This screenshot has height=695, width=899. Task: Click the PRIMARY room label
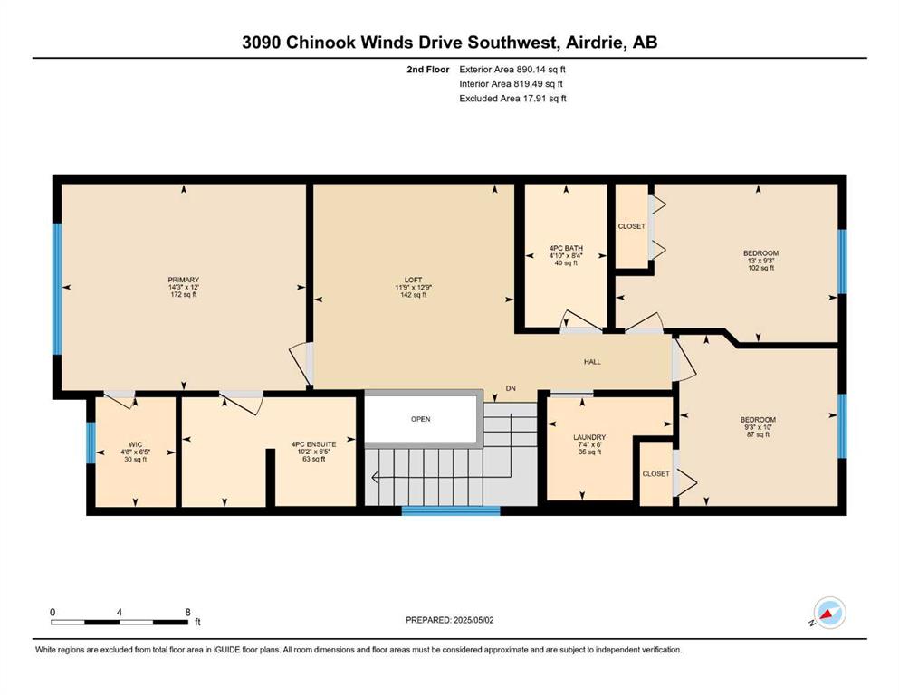click(x=184, y=280)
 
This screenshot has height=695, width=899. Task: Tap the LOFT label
click(x=414, y=280)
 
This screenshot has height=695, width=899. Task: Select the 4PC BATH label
click(x=566, y=248)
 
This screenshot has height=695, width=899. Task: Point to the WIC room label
click(x=135, y=444)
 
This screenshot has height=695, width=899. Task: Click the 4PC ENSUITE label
click(x=313, y=444)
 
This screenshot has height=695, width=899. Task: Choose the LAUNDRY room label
click(x=589, y=437)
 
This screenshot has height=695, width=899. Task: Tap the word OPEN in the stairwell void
click(x=421, y=419)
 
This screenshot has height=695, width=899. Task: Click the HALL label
click(x=592, y=362)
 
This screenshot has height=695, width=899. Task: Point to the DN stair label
click(x=511, y=388)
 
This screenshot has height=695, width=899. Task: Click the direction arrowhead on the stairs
click(x=376, y=477)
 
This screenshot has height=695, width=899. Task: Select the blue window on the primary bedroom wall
click(x=57, y=289)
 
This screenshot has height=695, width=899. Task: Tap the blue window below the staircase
click(x=451, y=510)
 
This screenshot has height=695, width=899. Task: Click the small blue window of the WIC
click(x=91, y=443)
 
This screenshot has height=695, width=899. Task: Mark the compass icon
click(x=829, y=613)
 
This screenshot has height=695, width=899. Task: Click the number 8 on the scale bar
click(x=187, y=612)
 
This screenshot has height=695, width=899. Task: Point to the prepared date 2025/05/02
click(x=473, y=620)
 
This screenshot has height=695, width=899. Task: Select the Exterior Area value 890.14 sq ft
click(x=541, y=70)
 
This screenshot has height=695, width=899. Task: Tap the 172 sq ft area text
click(x=184, y=294)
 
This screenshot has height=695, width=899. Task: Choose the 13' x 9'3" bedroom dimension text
click(x=760, y=260)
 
